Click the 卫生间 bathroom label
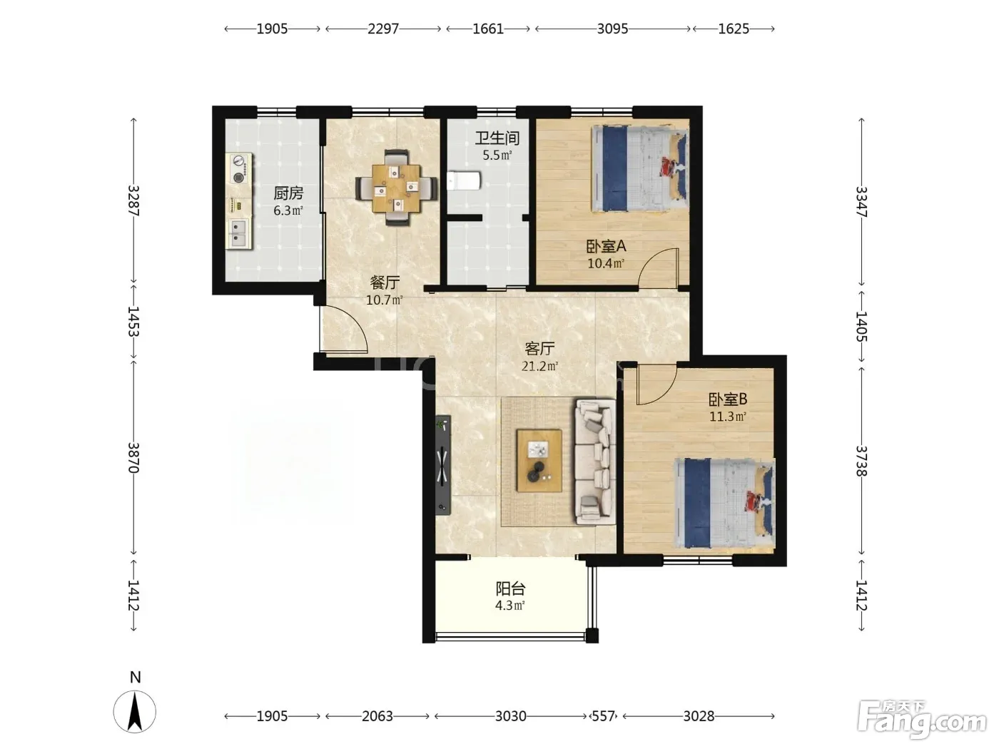click(497, 138)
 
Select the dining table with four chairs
click(396, 188)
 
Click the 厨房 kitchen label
click(288, 193)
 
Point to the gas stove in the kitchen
click(239, 169)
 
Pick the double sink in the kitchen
click(238, 234)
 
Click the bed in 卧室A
click(639, 169)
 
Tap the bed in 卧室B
click(724, 503)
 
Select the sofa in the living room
click(595, 462)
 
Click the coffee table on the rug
click(539, 460)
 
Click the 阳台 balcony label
click(510, 588)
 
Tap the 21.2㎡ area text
click(539, 366)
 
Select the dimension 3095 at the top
click(612, 29)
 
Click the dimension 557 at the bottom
click(604, 717)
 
